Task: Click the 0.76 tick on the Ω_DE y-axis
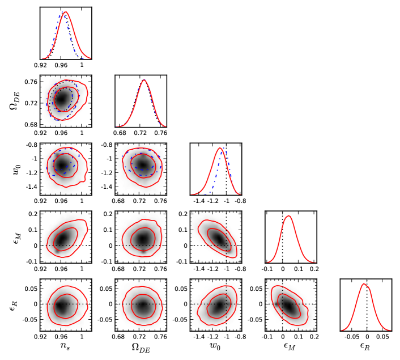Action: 30,82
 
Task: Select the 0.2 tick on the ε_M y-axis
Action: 32,214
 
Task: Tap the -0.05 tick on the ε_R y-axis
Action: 27,319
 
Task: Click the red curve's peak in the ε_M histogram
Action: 289,216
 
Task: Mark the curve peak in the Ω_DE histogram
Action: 144,80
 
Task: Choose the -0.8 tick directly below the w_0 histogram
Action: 241,200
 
